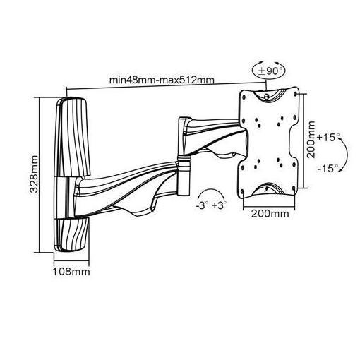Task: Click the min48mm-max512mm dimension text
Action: click(163, 79)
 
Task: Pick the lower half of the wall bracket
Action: click(73, 219)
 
